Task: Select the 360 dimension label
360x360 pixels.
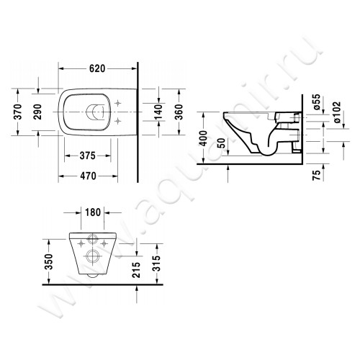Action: pos(185,111)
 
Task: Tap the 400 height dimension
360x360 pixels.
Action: pos(206,138)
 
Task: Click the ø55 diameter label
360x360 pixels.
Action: pos(316,102)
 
